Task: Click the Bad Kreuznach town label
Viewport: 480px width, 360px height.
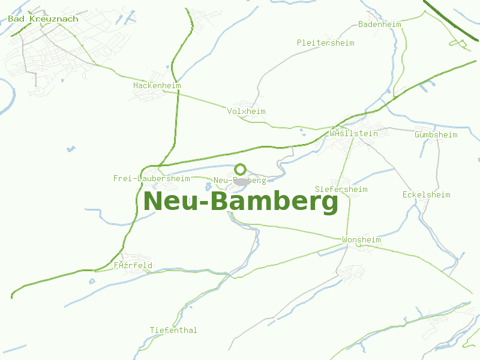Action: pos(43,19)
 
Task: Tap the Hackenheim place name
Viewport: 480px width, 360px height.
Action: pos(157,86)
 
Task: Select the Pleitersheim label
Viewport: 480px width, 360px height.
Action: pos(325,43)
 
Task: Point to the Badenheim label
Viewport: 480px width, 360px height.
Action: pos(379,24)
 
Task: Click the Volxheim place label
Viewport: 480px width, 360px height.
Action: pos(246,111)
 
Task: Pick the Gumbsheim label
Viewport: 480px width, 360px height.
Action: pos(436,134)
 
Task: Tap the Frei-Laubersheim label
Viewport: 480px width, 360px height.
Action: pos(151,178)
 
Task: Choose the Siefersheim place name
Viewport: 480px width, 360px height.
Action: pos(341,189)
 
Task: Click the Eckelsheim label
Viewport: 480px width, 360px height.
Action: pos(426,194)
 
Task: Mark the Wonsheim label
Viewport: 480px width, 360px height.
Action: pos(361,239)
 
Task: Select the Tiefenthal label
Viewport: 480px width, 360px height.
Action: pos(173,330)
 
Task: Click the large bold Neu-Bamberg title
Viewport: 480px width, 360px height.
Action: pos(241,202)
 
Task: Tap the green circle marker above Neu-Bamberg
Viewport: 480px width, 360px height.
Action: pos(241,169)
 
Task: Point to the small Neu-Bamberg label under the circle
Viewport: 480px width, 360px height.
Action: pos(239,181)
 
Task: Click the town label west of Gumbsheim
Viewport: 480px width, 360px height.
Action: pos(353,133)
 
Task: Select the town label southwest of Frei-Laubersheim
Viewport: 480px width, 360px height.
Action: pos(133,265)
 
